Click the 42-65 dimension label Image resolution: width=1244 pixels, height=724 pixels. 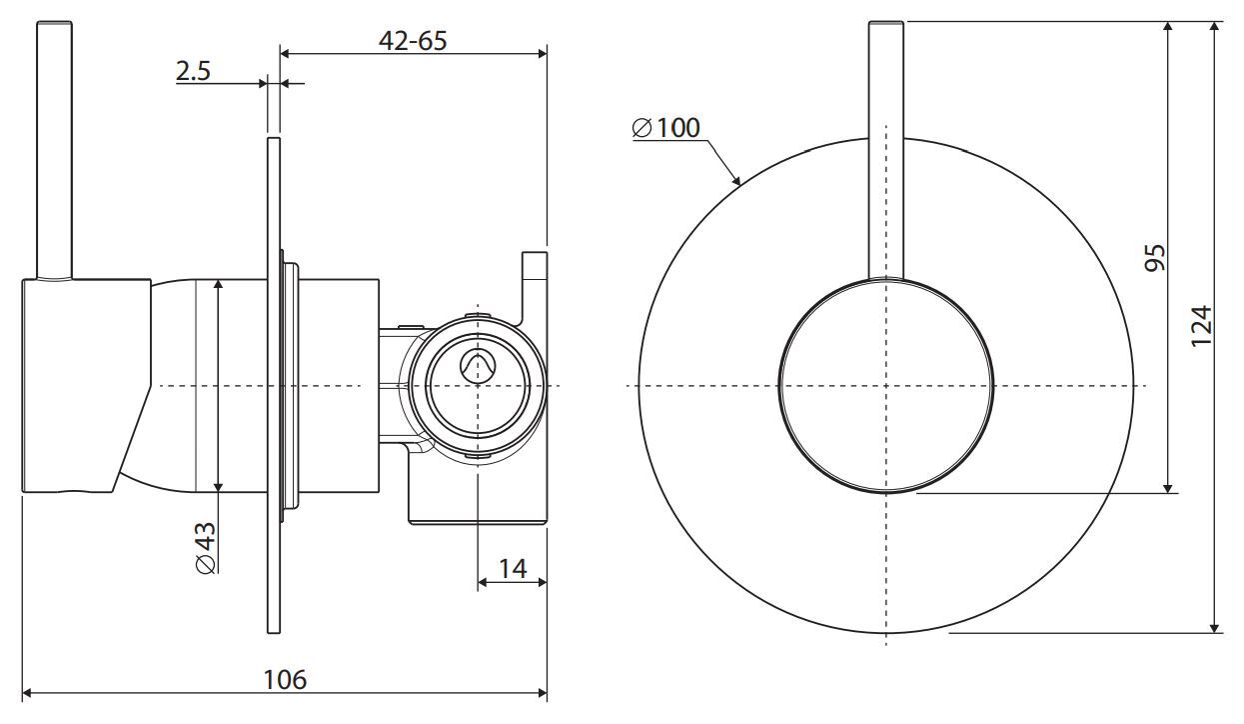(413, 41)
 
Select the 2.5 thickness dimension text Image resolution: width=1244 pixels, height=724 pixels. (193, 71)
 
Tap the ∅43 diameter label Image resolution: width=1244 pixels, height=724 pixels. (206, 547)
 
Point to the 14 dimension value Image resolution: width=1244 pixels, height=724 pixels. (513, 568)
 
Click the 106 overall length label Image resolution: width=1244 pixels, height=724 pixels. (285, 680)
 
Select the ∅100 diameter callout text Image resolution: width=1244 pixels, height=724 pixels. (665, 128)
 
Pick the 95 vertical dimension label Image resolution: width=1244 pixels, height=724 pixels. (1155, 257)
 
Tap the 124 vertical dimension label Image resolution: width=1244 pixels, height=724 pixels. (1200, 326)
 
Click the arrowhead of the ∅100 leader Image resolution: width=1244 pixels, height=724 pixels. (737, 179)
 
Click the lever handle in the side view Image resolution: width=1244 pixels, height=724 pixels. (54, 150)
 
